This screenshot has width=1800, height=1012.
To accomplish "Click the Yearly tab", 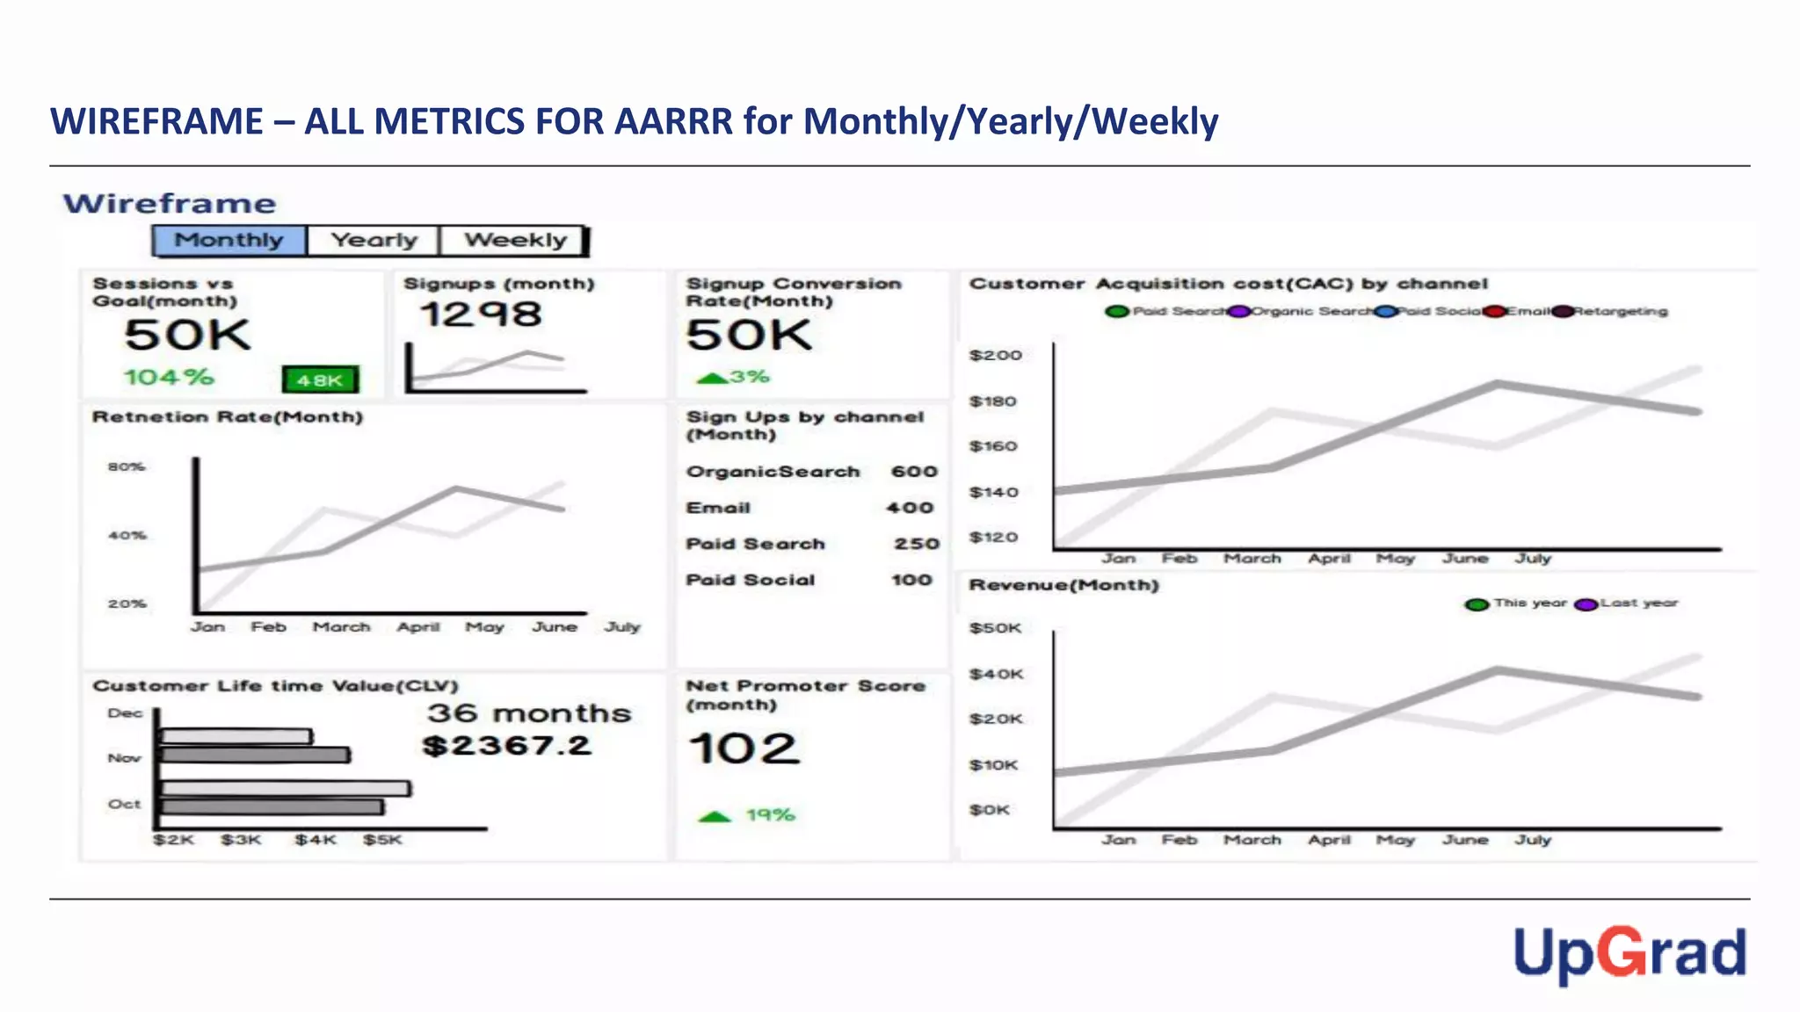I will [374, 241].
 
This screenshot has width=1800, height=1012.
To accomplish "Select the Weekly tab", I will [515, 241].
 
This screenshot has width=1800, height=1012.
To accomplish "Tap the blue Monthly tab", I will [229, 241].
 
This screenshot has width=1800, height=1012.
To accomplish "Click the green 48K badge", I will [320, 379].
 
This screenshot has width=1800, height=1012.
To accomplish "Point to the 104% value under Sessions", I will [168, 378].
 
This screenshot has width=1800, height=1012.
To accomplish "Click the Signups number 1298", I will [480, 314].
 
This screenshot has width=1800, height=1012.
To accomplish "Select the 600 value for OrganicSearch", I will [914, 472].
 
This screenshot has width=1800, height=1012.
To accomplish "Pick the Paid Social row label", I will [750, 580].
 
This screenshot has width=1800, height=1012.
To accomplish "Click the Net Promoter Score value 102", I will [744, 749].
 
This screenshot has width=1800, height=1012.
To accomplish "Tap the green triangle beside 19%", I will [715, 816].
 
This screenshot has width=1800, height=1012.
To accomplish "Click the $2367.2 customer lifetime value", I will [506, 746].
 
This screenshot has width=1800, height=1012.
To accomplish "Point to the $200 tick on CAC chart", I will [995, 355].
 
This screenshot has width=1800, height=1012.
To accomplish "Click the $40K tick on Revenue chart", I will [996, 674].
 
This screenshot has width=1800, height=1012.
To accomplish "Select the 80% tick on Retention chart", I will [127, 466].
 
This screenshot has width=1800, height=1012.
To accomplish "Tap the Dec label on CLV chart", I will [125, 713].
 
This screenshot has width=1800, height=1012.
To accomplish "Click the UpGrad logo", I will [1629, 954].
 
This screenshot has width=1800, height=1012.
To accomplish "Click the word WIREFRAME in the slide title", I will [156, 121].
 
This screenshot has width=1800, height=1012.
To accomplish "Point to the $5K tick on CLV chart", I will [382, 840].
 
